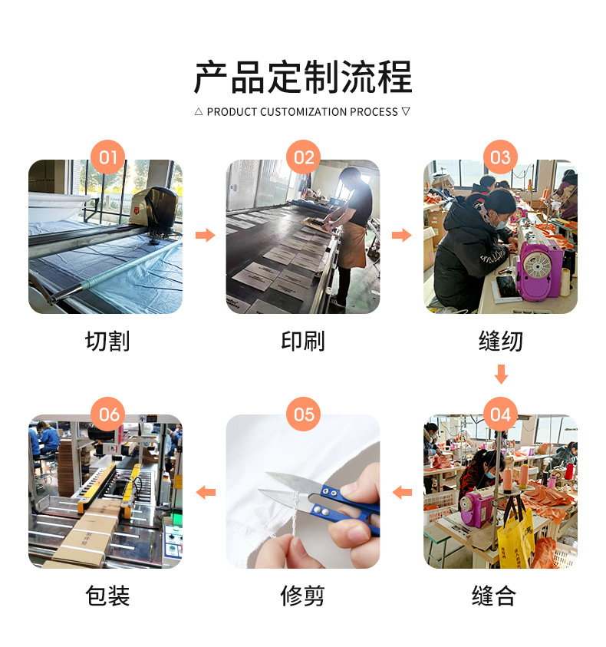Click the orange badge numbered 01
point(107,158)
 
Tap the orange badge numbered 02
point(304,158)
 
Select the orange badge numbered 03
point(500,158)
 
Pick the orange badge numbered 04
point(500,414)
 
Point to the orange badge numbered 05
point(304,414)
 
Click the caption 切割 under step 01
point(107,341)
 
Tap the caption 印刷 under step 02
point(304,341)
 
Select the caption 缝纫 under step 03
point(500,341)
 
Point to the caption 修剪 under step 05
point(303,596)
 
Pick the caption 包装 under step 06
point(107,596)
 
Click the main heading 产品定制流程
point(303,78)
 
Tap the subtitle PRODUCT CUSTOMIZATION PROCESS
point(302,112)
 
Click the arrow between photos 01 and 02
point(205,235)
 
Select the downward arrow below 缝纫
point(501,375)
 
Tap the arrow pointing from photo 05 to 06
point(206,492)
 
